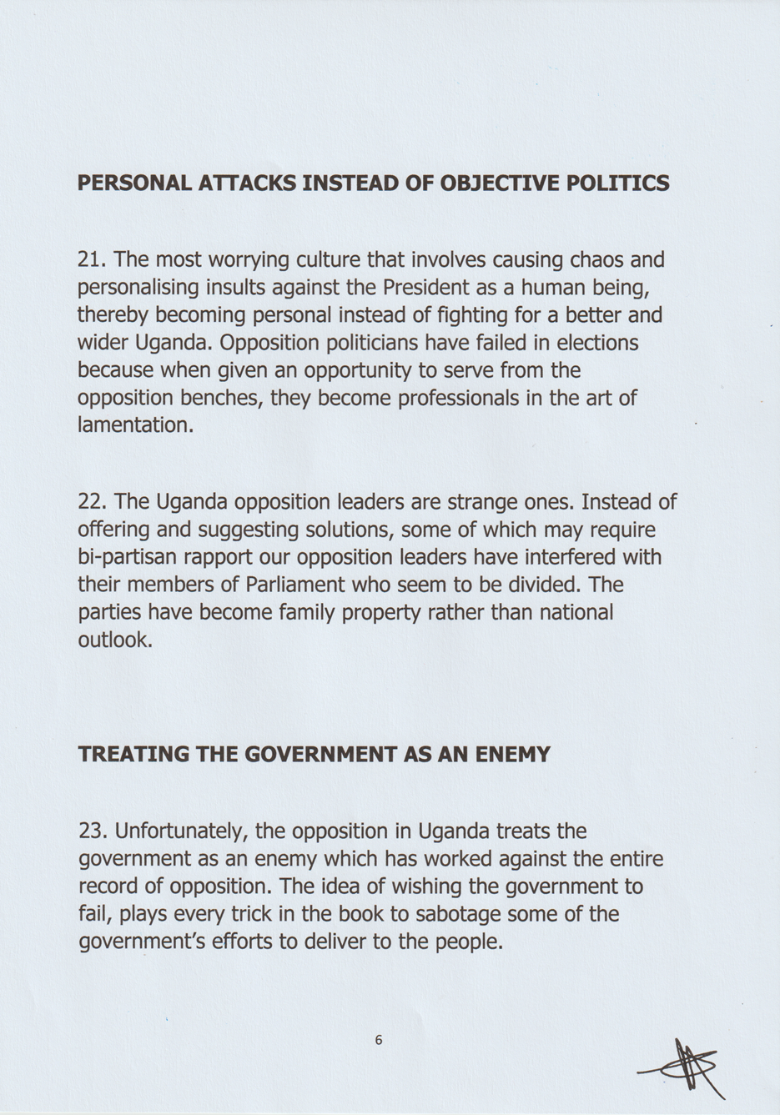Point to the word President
coord(426,288)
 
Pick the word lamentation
coord(134,424)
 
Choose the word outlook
coord(114,640)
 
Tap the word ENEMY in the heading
coord(512,755)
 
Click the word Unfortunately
coord(181,831)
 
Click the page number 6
coord(379,1040)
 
